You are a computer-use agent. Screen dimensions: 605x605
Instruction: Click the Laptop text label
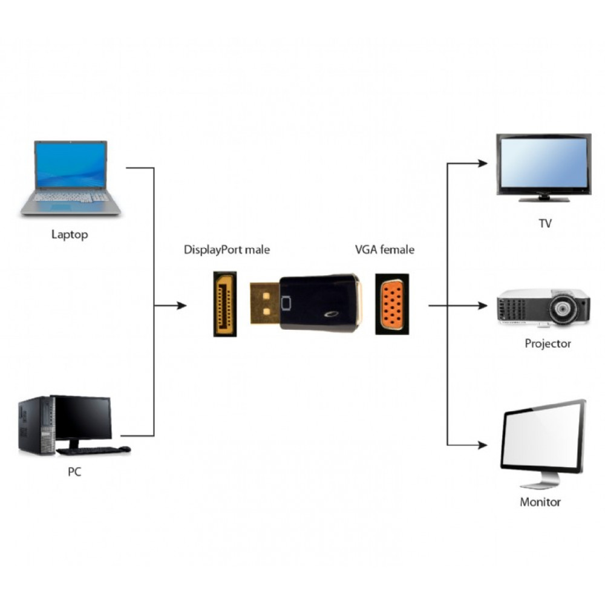tap(69, 235)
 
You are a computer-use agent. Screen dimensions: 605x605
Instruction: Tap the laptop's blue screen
tap(71, 165)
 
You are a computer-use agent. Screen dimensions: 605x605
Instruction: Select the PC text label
tap(74, 472)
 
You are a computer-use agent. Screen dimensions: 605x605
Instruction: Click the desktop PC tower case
tap(35, 425)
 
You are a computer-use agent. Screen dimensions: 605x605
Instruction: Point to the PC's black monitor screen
tap(82, 418)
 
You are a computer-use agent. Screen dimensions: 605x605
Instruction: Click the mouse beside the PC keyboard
tap(124, 449)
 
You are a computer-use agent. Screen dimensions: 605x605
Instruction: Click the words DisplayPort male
tap(227, 249)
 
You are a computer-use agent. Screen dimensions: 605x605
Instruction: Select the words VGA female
tap(385, 249)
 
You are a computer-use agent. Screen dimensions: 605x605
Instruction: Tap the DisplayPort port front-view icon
tap(224, 304)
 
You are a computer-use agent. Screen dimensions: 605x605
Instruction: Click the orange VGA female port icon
tap(391, 304)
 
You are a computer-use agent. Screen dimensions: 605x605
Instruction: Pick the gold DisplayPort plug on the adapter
tap(264, 304)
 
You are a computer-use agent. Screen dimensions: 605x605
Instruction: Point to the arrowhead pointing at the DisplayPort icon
tap(181, 306)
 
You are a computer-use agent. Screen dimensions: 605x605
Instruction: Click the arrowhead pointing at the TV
tap(482, 163)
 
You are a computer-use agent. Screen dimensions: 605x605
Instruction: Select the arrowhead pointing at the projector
tap(482, 306)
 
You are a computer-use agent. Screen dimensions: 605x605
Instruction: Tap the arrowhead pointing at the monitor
tap(482, 445)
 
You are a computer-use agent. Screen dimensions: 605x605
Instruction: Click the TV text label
tap(545, 223)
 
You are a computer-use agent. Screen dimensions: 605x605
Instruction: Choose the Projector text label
tap(548, 344)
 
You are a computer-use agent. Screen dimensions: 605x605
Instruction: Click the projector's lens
tap(563, 308)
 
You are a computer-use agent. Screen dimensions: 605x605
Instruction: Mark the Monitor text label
tap(540, 502)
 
